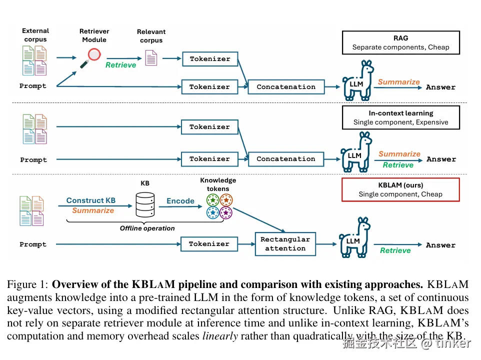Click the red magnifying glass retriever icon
(92, 56)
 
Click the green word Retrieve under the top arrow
(120, 65)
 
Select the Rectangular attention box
(285, 244)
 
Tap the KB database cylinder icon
(144, 205)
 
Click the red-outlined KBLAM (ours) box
(400, 189)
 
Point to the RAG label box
(400, 42)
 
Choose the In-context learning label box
(400, 117)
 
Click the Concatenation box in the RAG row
(286, 86)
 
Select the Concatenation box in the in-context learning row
(286, 159)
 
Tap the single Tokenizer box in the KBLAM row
(209, 244)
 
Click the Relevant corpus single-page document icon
(150, 58)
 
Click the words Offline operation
(147, 228)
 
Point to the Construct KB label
(91, 200)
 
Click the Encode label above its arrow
(180, 201)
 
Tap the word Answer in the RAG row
(440, 87)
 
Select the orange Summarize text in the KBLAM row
(93, 210)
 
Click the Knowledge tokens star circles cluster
(219, 206)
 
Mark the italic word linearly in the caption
(220, 336)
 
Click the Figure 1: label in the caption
(28, 285)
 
